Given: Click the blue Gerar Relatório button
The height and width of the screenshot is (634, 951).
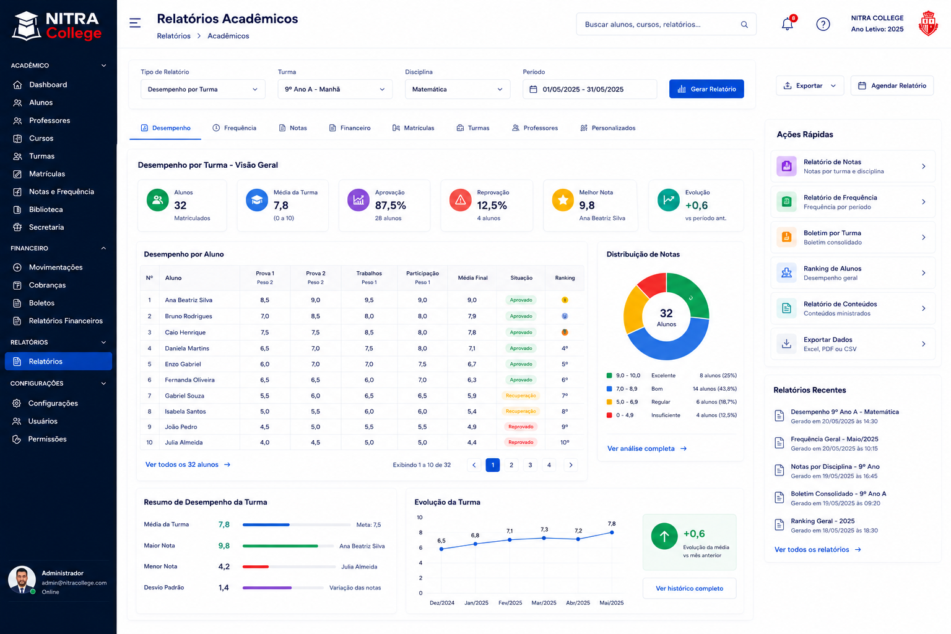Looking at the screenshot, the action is (706, 89).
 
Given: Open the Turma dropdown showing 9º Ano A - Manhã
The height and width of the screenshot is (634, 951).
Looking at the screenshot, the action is (335, 89).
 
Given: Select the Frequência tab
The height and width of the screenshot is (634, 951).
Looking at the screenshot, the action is (235, 128).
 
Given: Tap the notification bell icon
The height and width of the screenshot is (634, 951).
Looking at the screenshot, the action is (787, 24).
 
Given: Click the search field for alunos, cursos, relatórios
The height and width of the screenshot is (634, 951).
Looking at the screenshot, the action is (666, 24).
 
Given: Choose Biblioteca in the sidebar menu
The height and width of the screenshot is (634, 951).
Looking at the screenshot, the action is (46, 209).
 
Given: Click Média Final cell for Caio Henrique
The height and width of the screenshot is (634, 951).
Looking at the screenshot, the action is (472, 332).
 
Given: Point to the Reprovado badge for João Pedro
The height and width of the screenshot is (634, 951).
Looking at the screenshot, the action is (521, 427).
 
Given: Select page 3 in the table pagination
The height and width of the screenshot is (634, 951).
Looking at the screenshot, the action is (530, 465).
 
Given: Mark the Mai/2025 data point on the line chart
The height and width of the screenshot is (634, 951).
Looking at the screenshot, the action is (612, 532).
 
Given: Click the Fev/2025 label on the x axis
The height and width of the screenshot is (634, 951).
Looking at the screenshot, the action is (510, 603).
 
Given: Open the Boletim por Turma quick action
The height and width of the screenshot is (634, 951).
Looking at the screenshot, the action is (853, 237).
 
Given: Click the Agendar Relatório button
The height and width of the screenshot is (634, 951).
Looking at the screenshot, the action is (892, 86).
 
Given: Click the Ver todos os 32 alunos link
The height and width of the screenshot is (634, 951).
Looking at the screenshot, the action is (188, 464).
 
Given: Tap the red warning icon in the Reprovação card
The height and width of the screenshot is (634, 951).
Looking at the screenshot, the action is (460, 200).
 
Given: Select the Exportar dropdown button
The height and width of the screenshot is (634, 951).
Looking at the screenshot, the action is (810, 86).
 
